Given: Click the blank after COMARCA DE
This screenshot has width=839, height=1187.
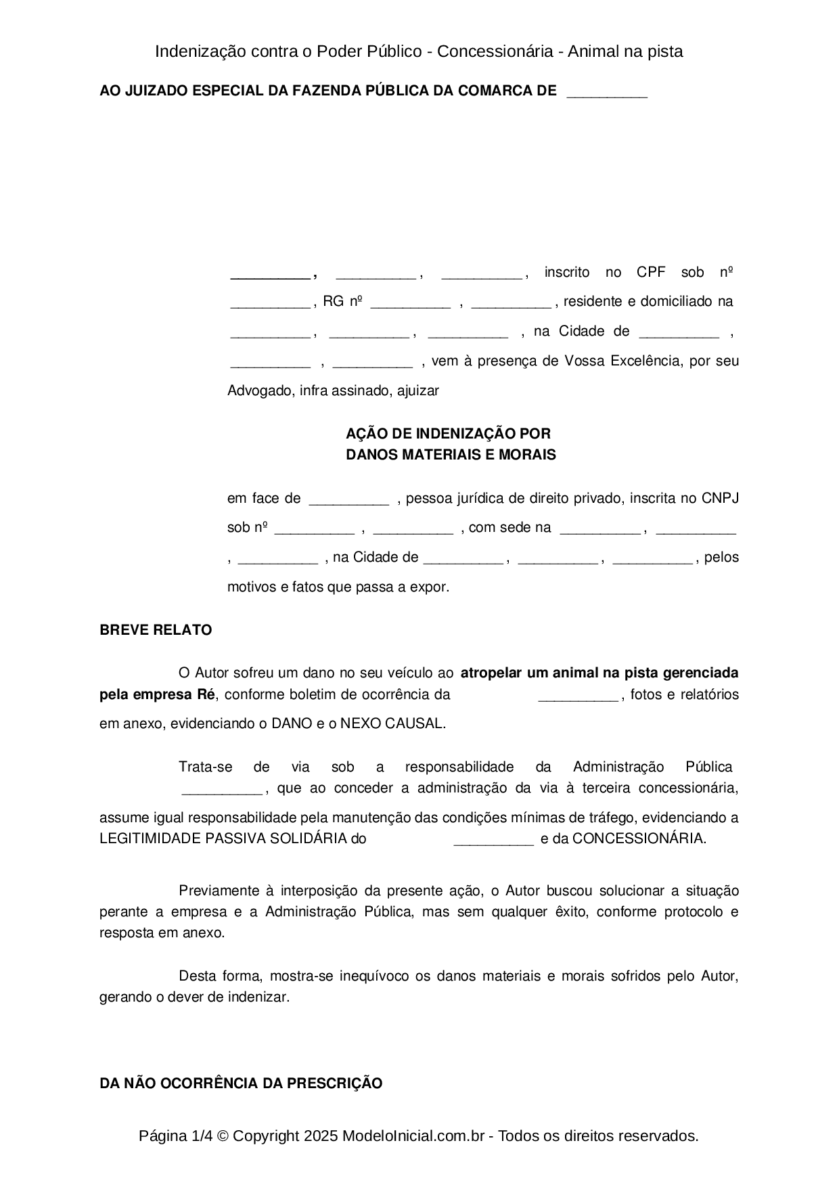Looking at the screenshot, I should tap(607, 91).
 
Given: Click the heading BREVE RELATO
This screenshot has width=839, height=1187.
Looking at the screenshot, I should tap(156, 630).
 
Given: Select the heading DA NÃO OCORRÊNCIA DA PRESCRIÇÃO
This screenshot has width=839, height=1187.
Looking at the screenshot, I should tap(241, 1083).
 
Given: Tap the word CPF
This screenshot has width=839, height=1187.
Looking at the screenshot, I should tap(651, 272).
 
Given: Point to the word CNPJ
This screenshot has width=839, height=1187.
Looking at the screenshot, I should tap(720, 498).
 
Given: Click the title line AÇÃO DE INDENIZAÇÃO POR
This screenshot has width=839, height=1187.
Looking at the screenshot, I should tap(448, 433).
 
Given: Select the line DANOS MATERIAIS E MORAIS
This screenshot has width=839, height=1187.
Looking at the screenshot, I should tap(451, 455).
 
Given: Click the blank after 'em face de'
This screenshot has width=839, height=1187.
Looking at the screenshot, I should tap(348, 499).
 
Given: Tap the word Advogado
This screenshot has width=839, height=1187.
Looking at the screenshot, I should tap(260, 390).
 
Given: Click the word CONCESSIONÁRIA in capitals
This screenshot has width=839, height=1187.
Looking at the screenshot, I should tap(638, 838).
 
